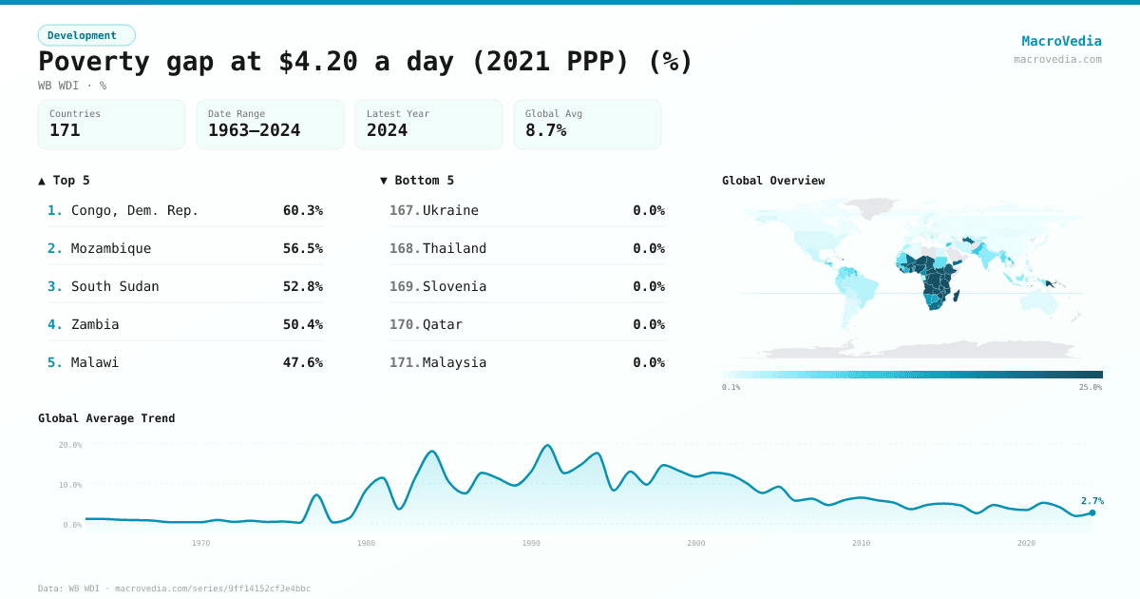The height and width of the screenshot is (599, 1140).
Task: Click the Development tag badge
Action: pos(86,35)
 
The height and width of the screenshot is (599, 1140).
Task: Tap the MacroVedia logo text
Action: pos(1061,41)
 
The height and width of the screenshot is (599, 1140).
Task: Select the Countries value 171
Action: pos(65,130)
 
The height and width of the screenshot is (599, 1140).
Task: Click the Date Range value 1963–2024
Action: pos(254,130)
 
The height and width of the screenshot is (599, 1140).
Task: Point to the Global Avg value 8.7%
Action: pos(545,130)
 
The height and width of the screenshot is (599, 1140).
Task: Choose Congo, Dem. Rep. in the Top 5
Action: pos(135,210)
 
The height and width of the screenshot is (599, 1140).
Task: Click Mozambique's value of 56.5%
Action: pos(302,248)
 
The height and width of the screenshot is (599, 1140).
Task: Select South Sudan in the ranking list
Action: pos(115,286)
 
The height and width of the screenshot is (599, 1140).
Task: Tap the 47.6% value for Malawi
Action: pos(302,362)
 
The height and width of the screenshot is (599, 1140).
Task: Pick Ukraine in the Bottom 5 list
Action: pos(450,210)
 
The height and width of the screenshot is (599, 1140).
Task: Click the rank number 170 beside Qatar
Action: pos(404,324)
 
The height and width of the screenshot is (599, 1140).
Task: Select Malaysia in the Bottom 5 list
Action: pos(454,362)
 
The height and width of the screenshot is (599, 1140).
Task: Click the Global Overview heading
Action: pos(773,181)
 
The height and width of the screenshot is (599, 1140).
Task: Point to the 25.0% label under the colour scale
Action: pos(1090,387)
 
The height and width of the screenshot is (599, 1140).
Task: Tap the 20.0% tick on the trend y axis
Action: pos(70,445)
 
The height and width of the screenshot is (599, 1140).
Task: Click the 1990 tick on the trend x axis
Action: pos(531,543)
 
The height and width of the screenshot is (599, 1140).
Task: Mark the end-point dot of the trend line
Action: pos(1092,512)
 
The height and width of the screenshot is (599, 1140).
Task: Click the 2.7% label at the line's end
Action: pos(1092,500)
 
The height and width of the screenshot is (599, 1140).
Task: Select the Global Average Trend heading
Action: pos(106,418)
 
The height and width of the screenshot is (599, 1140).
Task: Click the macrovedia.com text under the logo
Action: pos(1057,59)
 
